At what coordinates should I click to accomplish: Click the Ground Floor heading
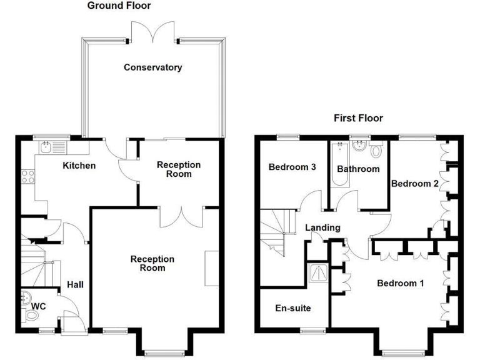tap(119, 6)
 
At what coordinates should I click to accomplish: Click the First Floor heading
tap(358, 118)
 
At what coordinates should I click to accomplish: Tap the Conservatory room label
tap(153, 67)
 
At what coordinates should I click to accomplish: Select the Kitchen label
tap(79, 166)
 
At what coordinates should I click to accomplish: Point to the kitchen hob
tap(27, 176)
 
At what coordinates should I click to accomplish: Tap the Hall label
tap(76, 284)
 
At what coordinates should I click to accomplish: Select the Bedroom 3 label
tap(292, 167)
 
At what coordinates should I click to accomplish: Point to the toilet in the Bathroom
tap(376, 151)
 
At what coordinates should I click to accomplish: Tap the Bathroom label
tap(358, 169)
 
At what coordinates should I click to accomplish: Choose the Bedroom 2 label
tap(414, 184)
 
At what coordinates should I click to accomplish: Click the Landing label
tap(323, 227)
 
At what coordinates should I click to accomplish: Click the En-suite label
tap(293, 308)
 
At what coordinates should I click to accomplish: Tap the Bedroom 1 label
tap(401, 283)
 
